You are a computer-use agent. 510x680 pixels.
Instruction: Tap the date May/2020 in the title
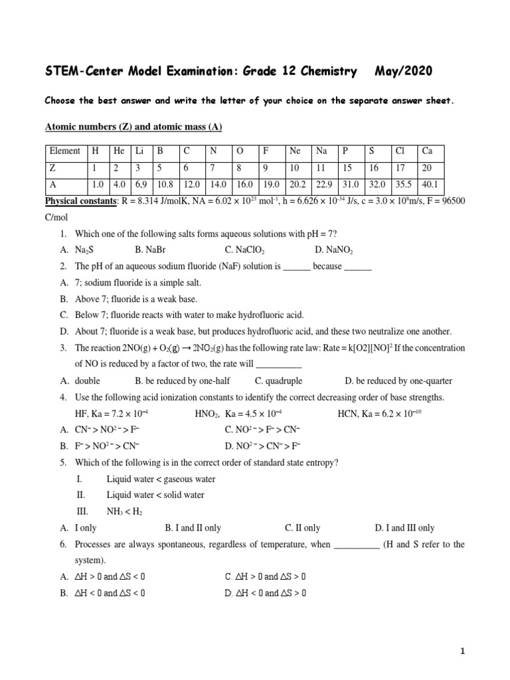(x=405, y=71)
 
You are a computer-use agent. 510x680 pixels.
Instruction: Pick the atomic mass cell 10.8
(x=165, y=186)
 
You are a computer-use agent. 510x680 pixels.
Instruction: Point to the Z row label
(x=52, y=169)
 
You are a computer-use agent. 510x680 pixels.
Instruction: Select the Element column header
(x=64, y=151)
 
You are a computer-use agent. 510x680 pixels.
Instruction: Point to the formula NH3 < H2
(x=124, y=511)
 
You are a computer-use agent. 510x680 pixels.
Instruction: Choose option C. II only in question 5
(x=302, y=528)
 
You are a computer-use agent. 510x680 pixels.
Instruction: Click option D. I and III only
(x=404, y=528)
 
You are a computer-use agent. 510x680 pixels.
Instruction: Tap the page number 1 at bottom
(x=462, y=652)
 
